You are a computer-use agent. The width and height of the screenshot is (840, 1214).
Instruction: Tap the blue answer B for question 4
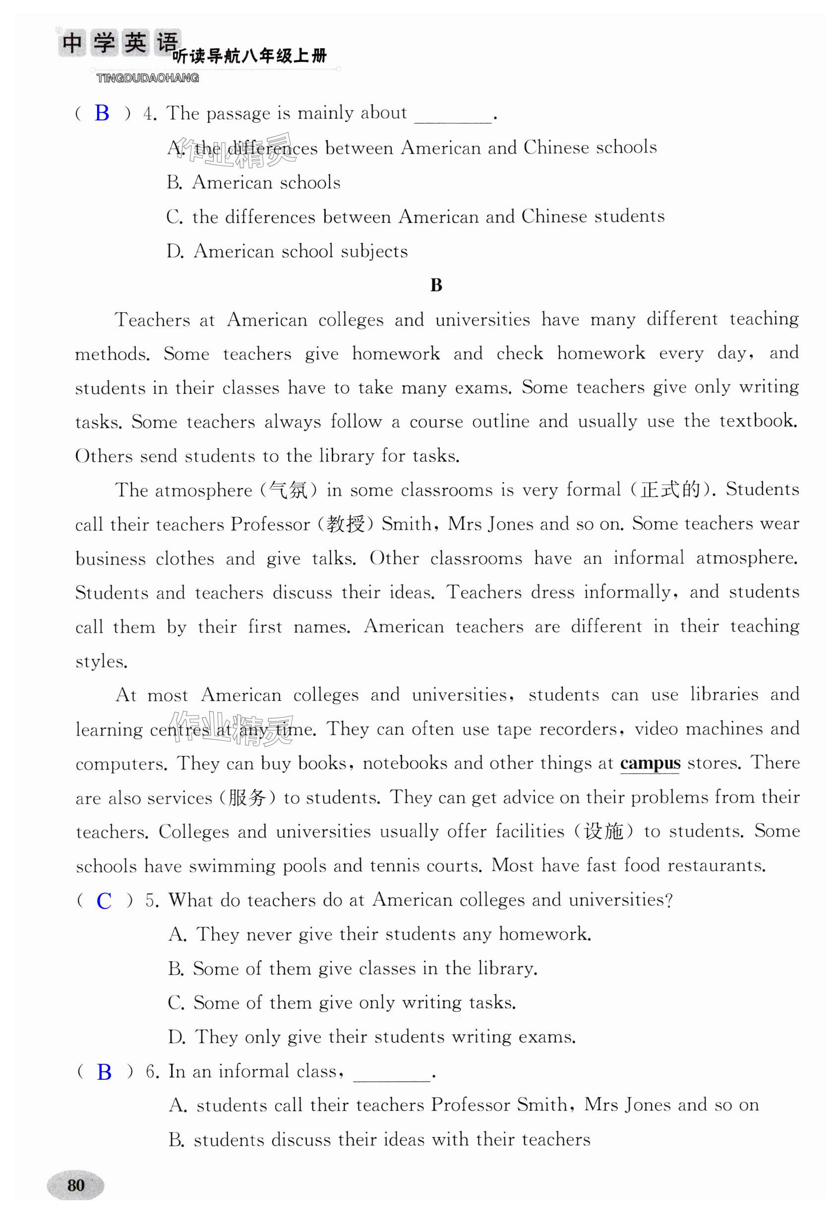coord(102,113)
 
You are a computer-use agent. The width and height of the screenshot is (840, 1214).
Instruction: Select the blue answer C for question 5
coord(104,900)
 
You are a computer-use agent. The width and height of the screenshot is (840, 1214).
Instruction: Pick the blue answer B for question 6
coord(104,1071)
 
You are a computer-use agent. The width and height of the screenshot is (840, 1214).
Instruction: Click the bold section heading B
coord(436,285)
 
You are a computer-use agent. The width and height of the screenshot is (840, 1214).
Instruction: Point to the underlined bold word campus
coord(650,763)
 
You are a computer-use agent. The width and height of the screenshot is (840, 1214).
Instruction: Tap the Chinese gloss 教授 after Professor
coord(345,524)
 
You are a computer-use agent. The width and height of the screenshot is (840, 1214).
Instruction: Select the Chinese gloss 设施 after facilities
coord(603,831)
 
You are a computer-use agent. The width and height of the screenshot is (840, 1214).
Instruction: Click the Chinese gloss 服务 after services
coord(247,798)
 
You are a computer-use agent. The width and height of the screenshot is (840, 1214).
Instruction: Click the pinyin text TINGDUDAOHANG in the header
coord(148,78)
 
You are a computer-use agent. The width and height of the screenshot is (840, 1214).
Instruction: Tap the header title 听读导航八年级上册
coord(250,56)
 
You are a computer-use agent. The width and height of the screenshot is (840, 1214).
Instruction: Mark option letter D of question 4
coord(174,251)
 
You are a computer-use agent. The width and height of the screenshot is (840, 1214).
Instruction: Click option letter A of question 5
coord(177,935)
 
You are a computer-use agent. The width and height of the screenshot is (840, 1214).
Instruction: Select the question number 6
coord(152,1071)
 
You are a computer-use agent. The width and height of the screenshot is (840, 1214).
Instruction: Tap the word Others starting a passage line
coord(104,456)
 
